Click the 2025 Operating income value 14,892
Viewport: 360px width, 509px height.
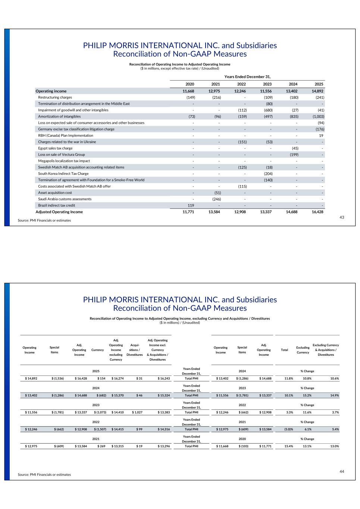[x=317, y=91]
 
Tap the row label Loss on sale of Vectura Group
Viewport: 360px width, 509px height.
[x=62, y=154]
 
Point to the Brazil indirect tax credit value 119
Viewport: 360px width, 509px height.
[x=191, y=205]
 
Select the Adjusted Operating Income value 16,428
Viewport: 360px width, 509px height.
[x=317, y=212]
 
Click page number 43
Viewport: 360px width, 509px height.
[x=342, y=217]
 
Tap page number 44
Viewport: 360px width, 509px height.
[x=342, y=472]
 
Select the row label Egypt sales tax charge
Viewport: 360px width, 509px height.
[x=55, y=148]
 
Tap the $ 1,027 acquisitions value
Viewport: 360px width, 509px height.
[x=136, y=412]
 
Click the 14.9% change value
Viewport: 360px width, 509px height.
[x=334, y=395]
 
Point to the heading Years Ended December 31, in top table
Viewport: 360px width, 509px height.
[x=247, y=76]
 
